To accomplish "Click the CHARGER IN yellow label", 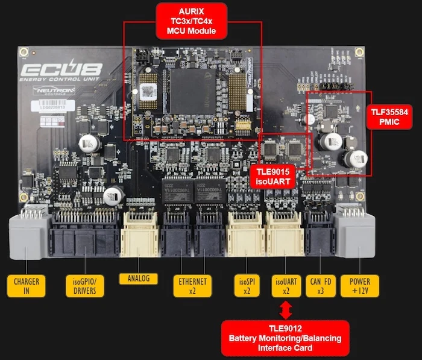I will pyautogui.click(x=26, y=285).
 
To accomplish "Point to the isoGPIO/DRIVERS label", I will pyautogui.click(x=84, y=285).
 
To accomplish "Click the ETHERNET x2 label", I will pyautogui.click(x=192, y=285).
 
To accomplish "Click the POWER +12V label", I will pyautogui.click(x=360, y=285).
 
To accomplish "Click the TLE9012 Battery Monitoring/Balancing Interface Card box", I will pyautogui.click(x=284, y=338).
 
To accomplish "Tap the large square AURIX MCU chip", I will pyautogui.click(x=191, y=90).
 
